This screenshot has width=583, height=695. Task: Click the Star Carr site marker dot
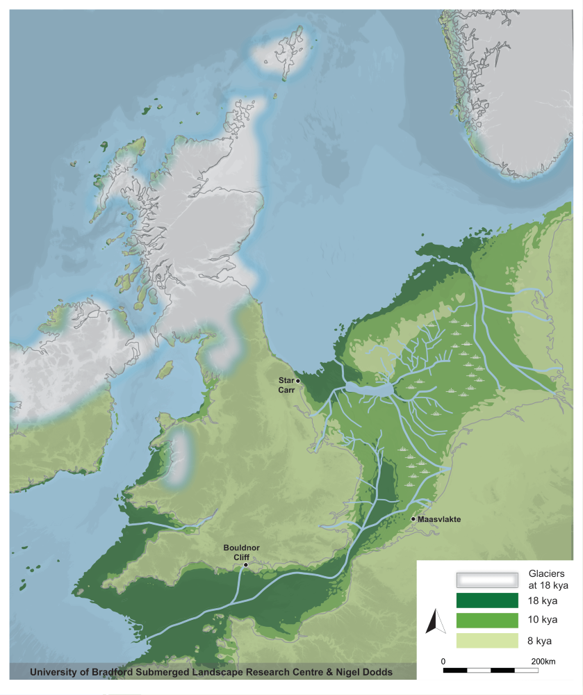[298, 381]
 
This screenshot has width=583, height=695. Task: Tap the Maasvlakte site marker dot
[413, 518]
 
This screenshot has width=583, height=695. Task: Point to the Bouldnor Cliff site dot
[245, 566]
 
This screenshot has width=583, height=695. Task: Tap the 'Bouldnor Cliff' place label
[241, 553]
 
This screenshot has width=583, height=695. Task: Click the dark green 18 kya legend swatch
[487, 600]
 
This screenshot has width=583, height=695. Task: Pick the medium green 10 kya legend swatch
[487, 620]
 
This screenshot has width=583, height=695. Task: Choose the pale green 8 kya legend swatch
[487, 640]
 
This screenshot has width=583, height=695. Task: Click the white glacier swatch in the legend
[487, 580]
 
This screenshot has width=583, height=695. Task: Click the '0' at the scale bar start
[443, 660]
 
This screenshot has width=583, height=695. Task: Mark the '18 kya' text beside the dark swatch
[544, 600]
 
